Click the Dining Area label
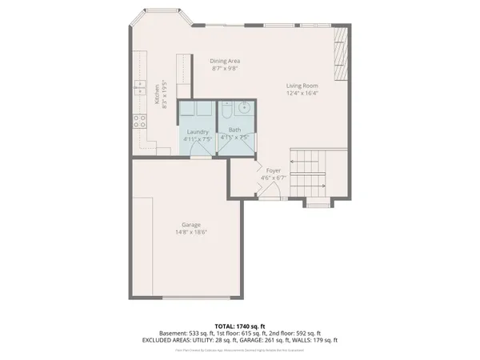click(226, 61)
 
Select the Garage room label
click(190, 225)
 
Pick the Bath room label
click(234, 130)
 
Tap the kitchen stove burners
click(138, 122)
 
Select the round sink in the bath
click(244, 109)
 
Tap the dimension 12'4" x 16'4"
click(303, 94)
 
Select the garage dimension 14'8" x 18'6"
click(190, 234)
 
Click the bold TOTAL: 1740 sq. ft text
click(240, 326)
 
